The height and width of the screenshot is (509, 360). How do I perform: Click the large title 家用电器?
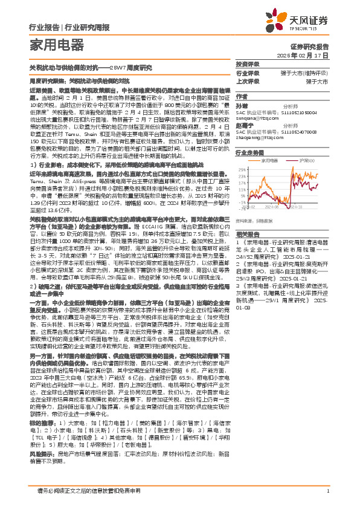[x=56, y=44]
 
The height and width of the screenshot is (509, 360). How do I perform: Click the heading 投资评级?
[x=248, y=64]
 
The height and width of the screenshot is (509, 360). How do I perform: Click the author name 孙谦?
[x=242, y=105]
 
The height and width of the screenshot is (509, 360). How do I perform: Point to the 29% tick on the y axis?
[x=241, y=170]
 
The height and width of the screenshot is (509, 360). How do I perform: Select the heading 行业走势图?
[x=251, y=154]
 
